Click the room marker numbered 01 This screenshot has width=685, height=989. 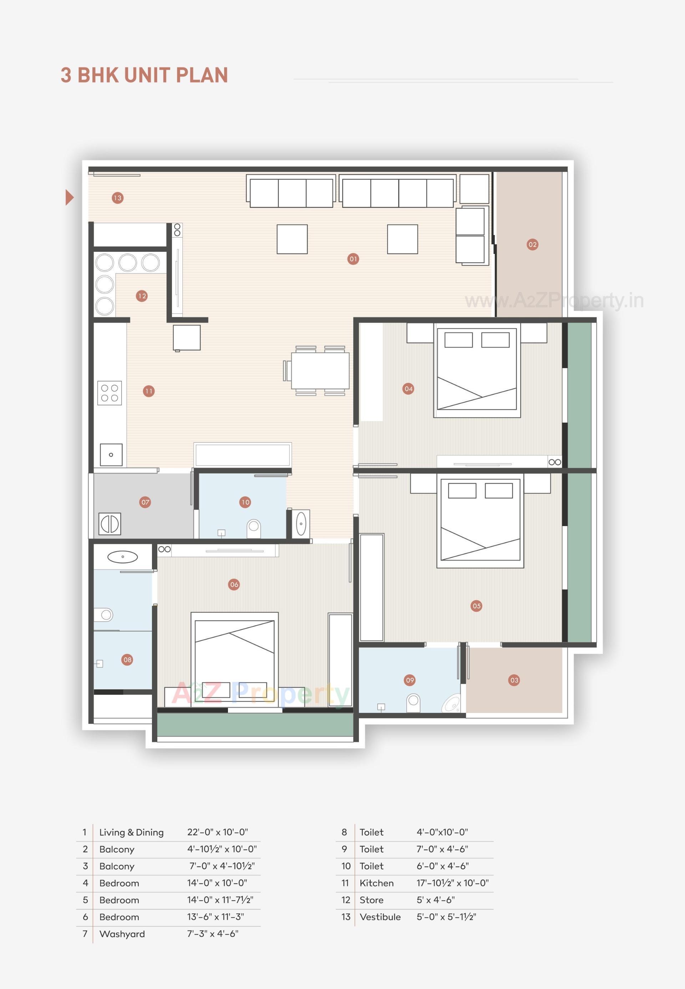click(353, 259)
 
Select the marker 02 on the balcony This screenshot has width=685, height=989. click(532, 245)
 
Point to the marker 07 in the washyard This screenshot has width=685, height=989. click(145, 502)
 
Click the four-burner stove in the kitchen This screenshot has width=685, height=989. click(110, 393)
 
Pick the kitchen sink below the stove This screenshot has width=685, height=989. click(111, 455)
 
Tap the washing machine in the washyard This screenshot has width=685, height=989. click(110, 524)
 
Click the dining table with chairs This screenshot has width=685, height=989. click(320, 370)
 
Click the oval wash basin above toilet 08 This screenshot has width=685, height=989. click(122, 557)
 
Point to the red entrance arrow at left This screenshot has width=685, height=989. click(69, 197)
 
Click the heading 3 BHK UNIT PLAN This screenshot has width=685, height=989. click(144, 75)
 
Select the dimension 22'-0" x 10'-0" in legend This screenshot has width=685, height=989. click(217, 832)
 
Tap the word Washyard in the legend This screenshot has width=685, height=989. click(122, 934)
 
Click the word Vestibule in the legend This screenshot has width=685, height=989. click(380, 917)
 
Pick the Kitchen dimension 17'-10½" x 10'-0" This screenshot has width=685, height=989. click(452, 883)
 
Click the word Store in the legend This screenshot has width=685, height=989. click(371, 900)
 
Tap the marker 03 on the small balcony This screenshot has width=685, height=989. click(514, 680)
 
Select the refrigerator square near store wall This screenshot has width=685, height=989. click(187, 338)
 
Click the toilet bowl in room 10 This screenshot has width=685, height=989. click(254, 528)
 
